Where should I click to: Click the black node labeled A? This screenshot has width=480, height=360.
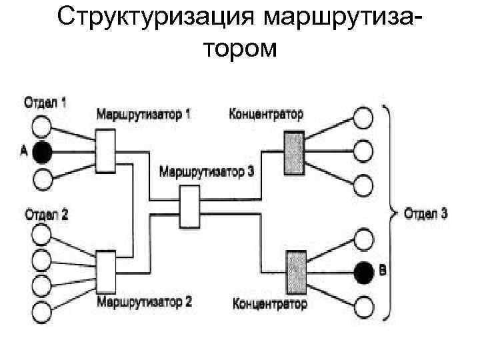tap(42, 152)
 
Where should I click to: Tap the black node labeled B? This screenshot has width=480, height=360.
tap(363, 271)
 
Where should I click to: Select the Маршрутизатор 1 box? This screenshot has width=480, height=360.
tap(106, 151)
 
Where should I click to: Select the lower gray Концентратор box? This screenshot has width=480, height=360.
tap(296, 271)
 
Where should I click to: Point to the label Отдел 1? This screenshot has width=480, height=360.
tap(45, 103)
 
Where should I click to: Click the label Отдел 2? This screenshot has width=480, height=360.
tap(46, 215)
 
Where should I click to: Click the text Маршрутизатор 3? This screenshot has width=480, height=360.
tap(207, 171)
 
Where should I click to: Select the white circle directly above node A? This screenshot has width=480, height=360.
tap(42, 125)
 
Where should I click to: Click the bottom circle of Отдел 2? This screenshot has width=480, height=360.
tap(42, 310)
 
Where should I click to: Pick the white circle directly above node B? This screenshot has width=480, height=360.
tap(363, 237)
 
